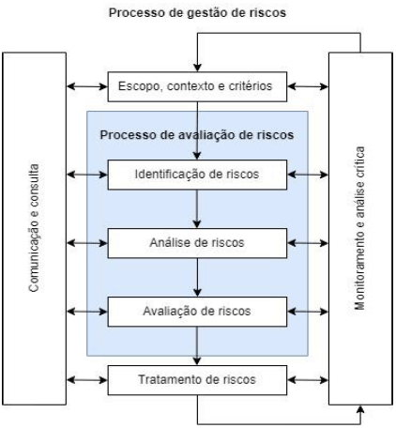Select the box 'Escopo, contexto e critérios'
tap(196, 87)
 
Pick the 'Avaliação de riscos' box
tap(196, 308)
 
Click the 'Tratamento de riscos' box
tap(196, 381)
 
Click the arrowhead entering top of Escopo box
tap(196, 68)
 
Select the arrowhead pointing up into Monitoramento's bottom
tap(360, 408)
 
